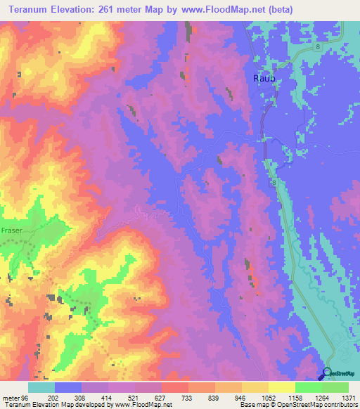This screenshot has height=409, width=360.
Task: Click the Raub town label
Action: (x=264, y=79)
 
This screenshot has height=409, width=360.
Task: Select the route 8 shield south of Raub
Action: (x=273, y=182)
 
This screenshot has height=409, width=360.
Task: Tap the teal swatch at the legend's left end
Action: (x=41, y=387)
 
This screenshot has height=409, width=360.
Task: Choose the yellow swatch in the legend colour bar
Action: (x=281, y=387)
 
